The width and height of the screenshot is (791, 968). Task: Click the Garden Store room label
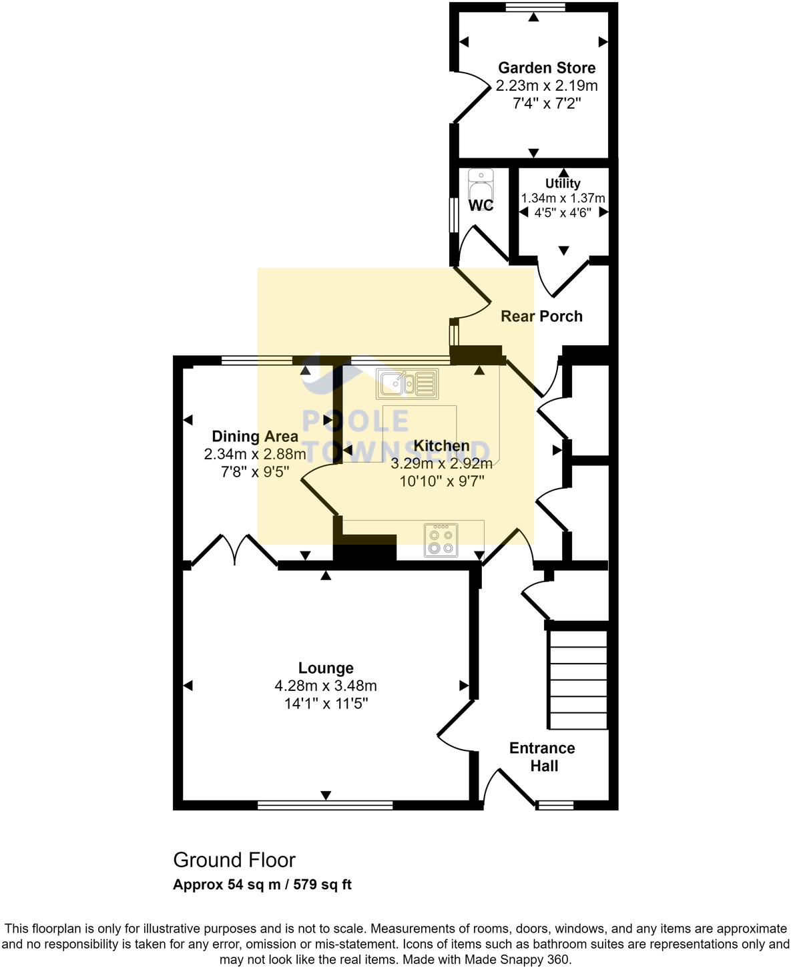click(547, 67)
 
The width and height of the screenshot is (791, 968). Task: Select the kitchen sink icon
click(407, 384)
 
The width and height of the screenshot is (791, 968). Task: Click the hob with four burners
click(441, 540)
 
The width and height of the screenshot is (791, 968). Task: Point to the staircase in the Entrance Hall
click(578, 680)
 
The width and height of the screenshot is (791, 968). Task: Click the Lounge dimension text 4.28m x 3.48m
click(326, 686)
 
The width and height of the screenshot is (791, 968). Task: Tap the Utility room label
click(563, 184)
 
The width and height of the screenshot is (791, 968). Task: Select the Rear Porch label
click(541, 316)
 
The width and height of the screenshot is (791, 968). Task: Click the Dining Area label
click(255, 437)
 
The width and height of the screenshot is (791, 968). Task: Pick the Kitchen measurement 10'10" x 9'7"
click(441, 481)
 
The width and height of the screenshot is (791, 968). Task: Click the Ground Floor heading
click(234, 860)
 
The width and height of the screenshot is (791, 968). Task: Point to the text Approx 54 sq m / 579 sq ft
click(262, 885)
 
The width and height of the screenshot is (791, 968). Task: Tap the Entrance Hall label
click(543, 757)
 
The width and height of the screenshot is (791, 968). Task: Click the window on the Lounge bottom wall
click(325, 805)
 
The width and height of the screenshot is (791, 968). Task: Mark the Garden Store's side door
click(473, 97)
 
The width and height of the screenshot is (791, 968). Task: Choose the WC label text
click(481, 205)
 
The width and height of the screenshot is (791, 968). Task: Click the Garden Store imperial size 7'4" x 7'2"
click(547, 103)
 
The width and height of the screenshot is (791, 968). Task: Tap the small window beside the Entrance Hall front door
click(555, 805)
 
